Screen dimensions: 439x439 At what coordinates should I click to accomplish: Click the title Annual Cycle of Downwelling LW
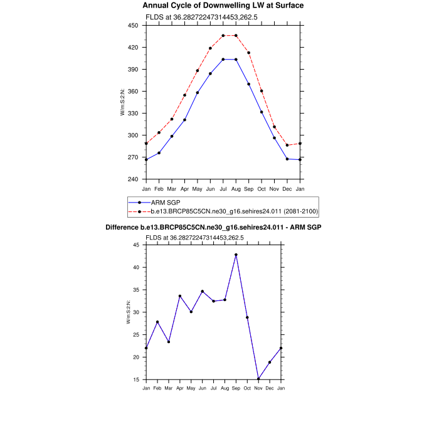tap(223, 5)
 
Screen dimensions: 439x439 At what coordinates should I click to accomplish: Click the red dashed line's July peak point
tap(223, 36)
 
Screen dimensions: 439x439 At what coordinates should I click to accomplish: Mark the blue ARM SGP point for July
tap(223, 59)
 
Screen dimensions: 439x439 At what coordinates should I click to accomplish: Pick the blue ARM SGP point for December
tap(287, 159)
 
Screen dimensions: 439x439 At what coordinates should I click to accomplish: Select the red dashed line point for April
tap(185, 95)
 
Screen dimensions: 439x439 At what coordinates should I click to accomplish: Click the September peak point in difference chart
tap(236, 255)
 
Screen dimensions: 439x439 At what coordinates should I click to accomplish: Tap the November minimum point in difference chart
tap(258, 379)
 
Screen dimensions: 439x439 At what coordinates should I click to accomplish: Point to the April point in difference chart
tap(180, 296)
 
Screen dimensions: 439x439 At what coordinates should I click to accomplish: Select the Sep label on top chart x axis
tap(249, 189)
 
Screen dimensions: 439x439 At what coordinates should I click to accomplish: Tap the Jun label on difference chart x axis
tap(202, 389)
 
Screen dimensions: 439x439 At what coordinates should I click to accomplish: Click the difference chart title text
tap(213, 226)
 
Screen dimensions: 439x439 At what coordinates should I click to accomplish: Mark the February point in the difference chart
tap(157, 322)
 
